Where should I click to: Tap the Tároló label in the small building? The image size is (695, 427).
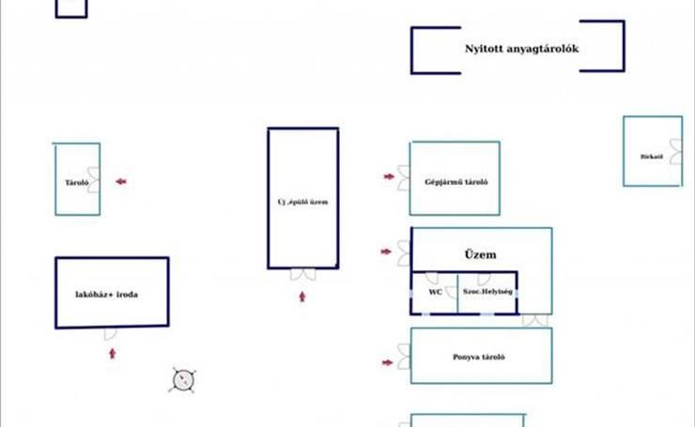76,182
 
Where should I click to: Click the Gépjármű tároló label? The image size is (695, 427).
456,182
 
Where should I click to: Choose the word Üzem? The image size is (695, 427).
480,254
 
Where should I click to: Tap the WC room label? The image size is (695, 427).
436,292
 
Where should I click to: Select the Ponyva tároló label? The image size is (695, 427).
479,357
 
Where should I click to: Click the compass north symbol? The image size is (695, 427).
184,380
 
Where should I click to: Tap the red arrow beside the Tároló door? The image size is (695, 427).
120,181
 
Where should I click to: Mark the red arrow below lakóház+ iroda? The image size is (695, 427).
113,353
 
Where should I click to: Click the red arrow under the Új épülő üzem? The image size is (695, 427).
302,297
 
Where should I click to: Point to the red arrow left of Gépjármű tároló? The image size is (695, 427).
389,175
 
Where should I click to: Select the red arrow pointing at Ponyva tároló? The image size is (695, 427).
387,361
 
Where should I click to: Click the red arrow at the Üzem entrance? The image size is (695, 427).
386,252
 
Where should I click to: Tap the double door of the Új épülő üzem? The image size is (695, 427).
302,275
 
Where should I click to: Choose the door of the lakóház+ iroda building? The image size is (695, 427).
111,332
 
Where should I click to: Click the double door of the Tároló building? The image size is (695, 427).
94,179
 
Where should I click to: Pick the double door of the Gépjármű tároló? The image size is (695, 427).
404,177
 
